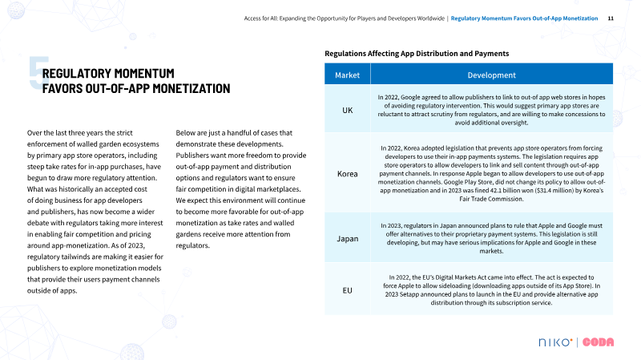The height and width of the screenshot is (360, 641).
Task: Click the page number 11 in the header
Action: pyautogui.click(x=611, y=18)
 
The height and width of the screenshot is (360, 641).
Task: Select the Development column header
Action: pyautogui.click(x=491, y=75)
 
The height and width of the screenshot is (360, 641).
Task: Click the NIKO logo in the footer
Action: pyautogui.click(x=553, y=343)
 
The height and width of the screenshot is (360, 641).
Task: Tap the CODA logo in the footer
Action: pyautogui.click(x=599, y=343)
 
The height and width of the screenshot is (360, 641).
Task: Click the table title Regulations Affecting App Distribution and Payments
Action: pyautogui.click(x=416, y=53)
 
